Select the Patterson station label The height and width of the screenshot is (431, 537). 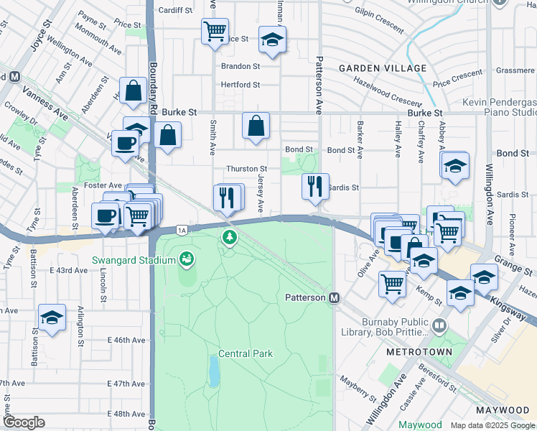[x=306, y=297]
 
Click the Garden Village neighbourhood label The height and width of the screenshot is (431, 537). [x=383, y=68]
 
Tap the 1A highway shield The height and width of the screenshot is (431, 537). [x=182, y=230]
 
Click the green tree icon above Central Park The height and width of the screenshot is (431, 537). [x=229, y=236]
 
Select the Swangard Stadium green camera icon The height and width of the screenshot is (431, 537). [x=187, y=257]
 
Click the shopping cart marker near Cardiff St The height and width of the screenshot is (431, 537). [x=215, y=32]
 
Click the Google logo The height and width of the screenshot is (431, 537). [x=24, y=422]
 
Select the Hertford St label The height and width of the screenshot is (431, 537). [x=240, y=85]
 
